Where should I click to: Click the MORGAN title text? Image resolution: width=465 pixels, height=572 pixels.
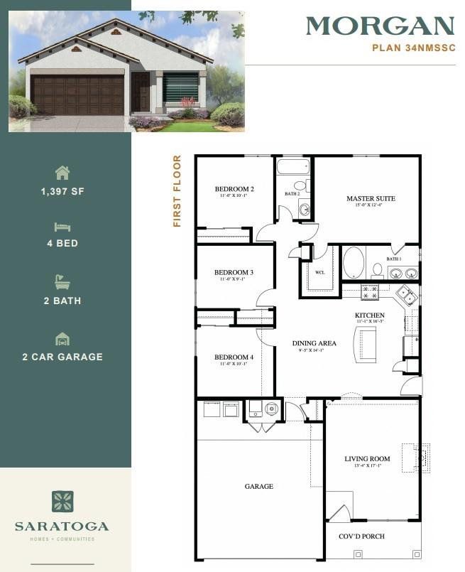click(380, 26)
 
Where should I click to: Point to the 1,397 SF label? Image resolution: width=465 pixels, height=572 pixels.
click(62, 192)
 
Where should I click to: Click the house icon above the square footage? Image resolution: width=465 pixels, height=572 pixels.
click(62, 173)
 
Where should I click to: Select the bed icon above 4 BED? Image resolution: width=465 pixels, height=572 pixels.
click(62, 227)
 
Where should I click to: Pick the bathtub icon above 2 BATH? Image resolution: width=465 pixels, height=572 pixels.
click(62, 281)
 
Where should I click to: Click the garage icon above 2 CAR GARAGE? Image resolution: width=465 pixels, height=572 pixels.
click(62, 338)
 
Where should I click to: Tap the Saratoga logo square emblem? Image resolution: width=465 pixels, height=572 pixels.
click(62, 501)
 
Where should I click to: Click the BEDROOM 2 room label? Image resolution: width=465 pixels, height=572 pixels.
click(234, 189)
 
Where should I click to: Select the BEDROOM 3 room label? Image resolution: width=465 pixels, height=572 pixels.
click(234, 272)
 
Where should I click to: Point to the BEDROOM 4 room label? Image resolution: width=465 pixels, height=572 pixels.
click(234, 357)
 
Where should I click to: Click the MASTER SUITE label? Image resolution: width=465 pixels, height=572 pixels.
click(371, 198)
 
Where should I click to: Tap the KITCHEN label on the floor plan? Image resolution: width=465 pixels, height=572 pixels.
click(370, 315)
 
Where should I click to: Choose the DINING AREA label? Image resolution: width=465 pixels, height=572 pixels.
click(314, 343)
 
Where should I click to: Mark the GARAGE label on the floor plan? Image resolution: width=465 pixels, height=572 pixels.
click(259, 487)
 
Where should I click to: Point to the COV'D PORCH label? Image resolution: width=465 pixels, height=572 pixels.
click(362, 536)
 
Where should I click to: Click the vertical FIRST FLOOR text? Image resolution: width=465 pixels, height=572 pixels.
click(177, 191)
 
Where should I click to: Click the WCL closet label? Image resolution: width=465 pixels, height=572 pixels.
click(319, 272)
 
